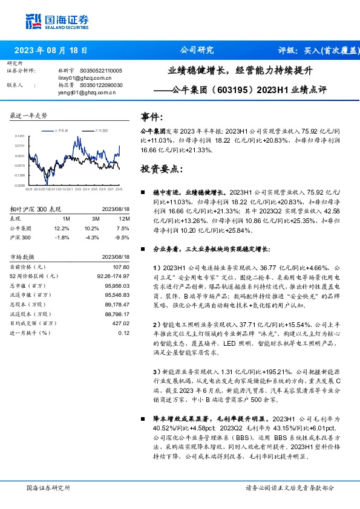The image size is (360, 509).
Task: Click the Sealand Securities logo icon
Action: coord(34,21)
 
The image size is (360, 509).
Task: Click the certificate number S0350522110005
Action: coord(97,71)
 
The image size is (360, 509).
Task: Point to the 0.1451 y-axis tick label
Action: coord(20,137)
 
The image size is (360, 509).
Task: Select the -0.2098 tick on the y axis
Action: coord(20,185)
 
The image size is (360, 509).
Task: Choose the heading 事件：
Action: coord(152,117)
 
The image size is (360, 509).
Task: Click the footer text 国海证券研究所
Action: coord(48,487)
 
